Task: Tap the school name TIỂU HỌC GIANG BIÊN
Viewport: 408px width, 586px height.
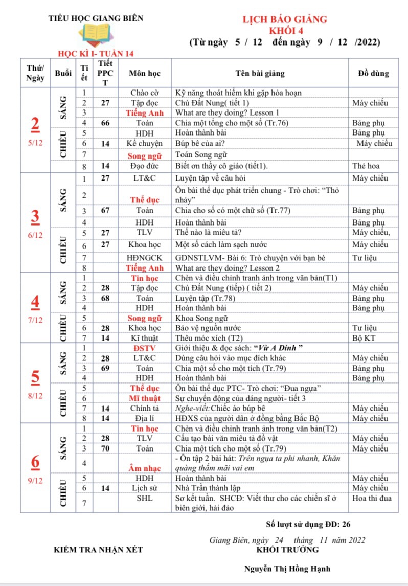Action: coord(96,18)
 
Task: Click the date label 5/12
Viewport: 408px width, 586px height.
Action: coord(35,143)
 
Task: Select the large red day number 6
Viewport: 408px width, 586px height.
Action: coord(35,462)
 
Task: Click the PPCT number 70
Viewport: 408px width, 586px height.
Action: coord(105,448)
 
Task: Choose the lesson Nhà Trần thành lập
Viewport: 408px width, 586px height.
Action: coord(208,488)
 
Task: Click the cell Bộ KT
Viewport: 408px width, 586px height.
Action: coord(365,338)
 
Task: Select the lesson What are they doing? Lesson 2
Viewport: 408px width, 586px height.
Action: coord(228,268)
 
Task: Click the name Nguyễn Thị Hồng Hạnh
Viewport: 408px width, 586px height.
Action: coord(287,568)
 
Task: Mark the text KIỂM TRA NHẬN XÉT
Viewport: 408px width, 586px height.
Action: coord(98,550)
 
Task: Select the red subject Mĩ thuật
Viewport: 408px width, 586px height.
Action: coord(145,398)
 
